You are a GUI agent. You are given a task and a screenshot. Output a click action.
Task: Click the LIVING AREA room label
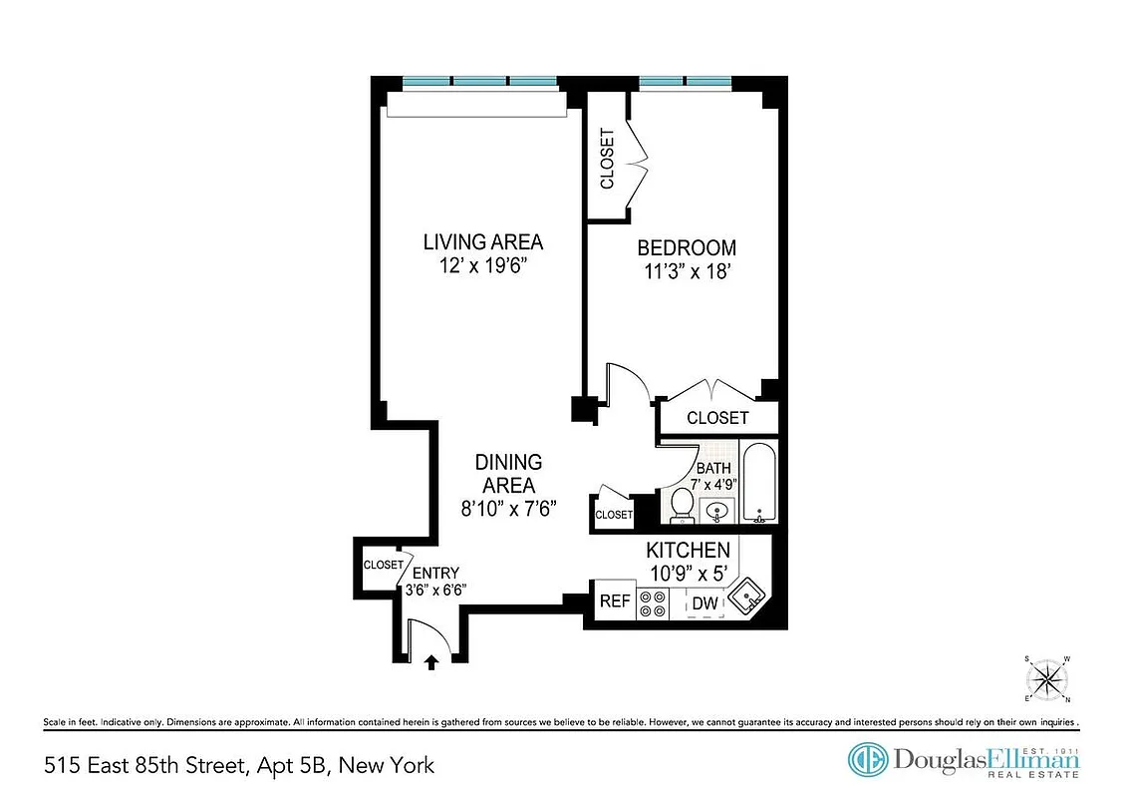pos(483,242)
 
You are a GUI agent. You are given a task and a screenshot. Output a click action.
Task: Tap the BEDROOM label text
pos(687,248)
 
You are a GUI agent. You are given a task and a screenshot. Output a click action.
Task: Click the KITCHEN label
pos(688,550)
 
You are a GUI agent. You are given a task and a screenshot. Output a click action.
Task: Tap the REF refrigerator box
pos(614,602)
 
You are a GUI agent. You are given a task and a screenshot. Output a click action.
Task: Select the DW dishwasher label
pos(705,602)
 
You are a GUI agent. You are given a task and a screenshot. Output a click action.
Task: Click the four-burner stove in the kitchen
pos(653,602)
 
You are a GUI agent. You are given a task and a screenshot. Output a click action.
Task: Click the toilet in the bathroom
pos(683,505)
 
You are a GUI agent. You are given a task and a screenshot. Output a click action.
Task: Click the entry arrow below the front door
pos(431,660)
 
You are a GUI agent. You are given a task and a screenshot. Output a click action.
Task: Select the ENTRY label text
pos(435,573)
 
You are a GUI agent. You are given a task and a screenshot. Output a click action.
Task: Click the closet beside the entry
pos(382,565)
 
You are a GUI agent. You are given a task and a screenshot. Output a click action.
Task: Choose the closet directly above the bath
pos(716,418)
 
